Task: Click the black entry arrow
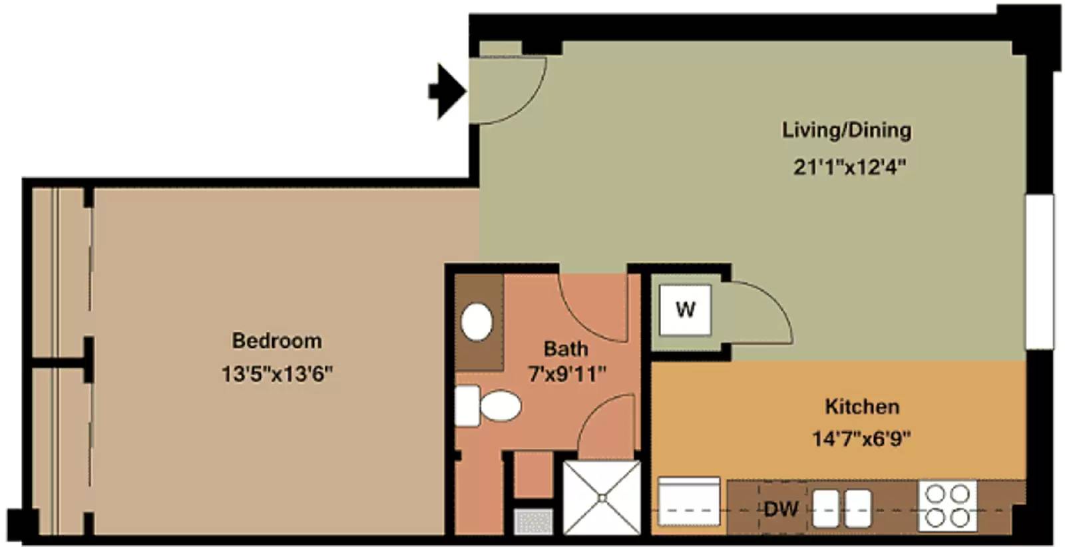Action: click(x=447, y=91)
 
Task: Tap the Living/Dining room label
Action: click(x=847, y=130)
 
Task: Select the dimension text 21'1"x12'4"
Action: click(x=849, y=167)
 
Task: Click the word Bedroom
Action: click(x=277, y=340)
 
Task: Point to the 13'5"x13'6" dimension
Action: click(x=277, y=373)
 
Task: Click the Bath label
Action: click(x=566, y=349)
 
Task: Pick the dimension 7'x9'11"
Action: click(x=567, y=374)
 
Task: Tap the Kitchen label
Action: click(x=862, y=407)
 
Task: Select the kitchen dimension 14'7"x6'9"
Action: click(x=861, y=438)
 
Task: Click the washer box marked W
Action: click(x=685, y=310)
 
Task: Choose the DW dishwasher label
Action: click(x=781, y=510)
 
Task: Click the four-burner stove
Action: click(x=947, y=506)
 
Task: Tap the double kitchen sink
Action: click(x=841, y=508)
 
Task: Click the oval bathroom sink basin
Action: click(x=477, y=321)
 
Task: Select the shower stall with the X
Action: click(x=602, y=498)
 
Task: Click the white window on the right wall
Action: click(x=1039, y=272)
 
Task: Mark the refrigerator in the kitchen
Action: click(x=689, y=501)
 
